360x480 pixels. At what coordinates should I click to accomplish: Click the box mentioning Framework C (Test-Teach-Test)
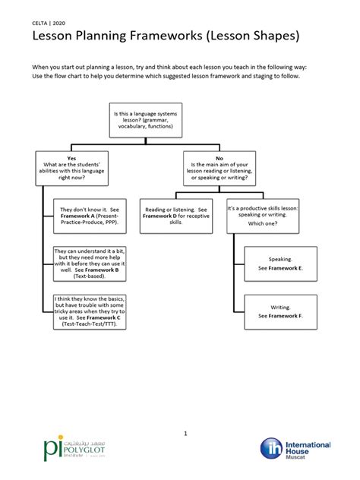click(90, 311)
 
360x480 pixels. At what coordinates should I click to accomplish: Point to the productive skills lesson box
click(263, 214)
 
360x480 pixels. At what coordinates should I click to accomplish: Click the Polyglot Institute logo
click(68, 450)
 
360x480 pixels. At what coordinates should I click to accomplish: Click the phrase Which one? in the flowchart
click(263, 224)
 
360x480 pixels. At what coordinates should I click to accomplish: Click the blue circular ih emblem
click(272, 449)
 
